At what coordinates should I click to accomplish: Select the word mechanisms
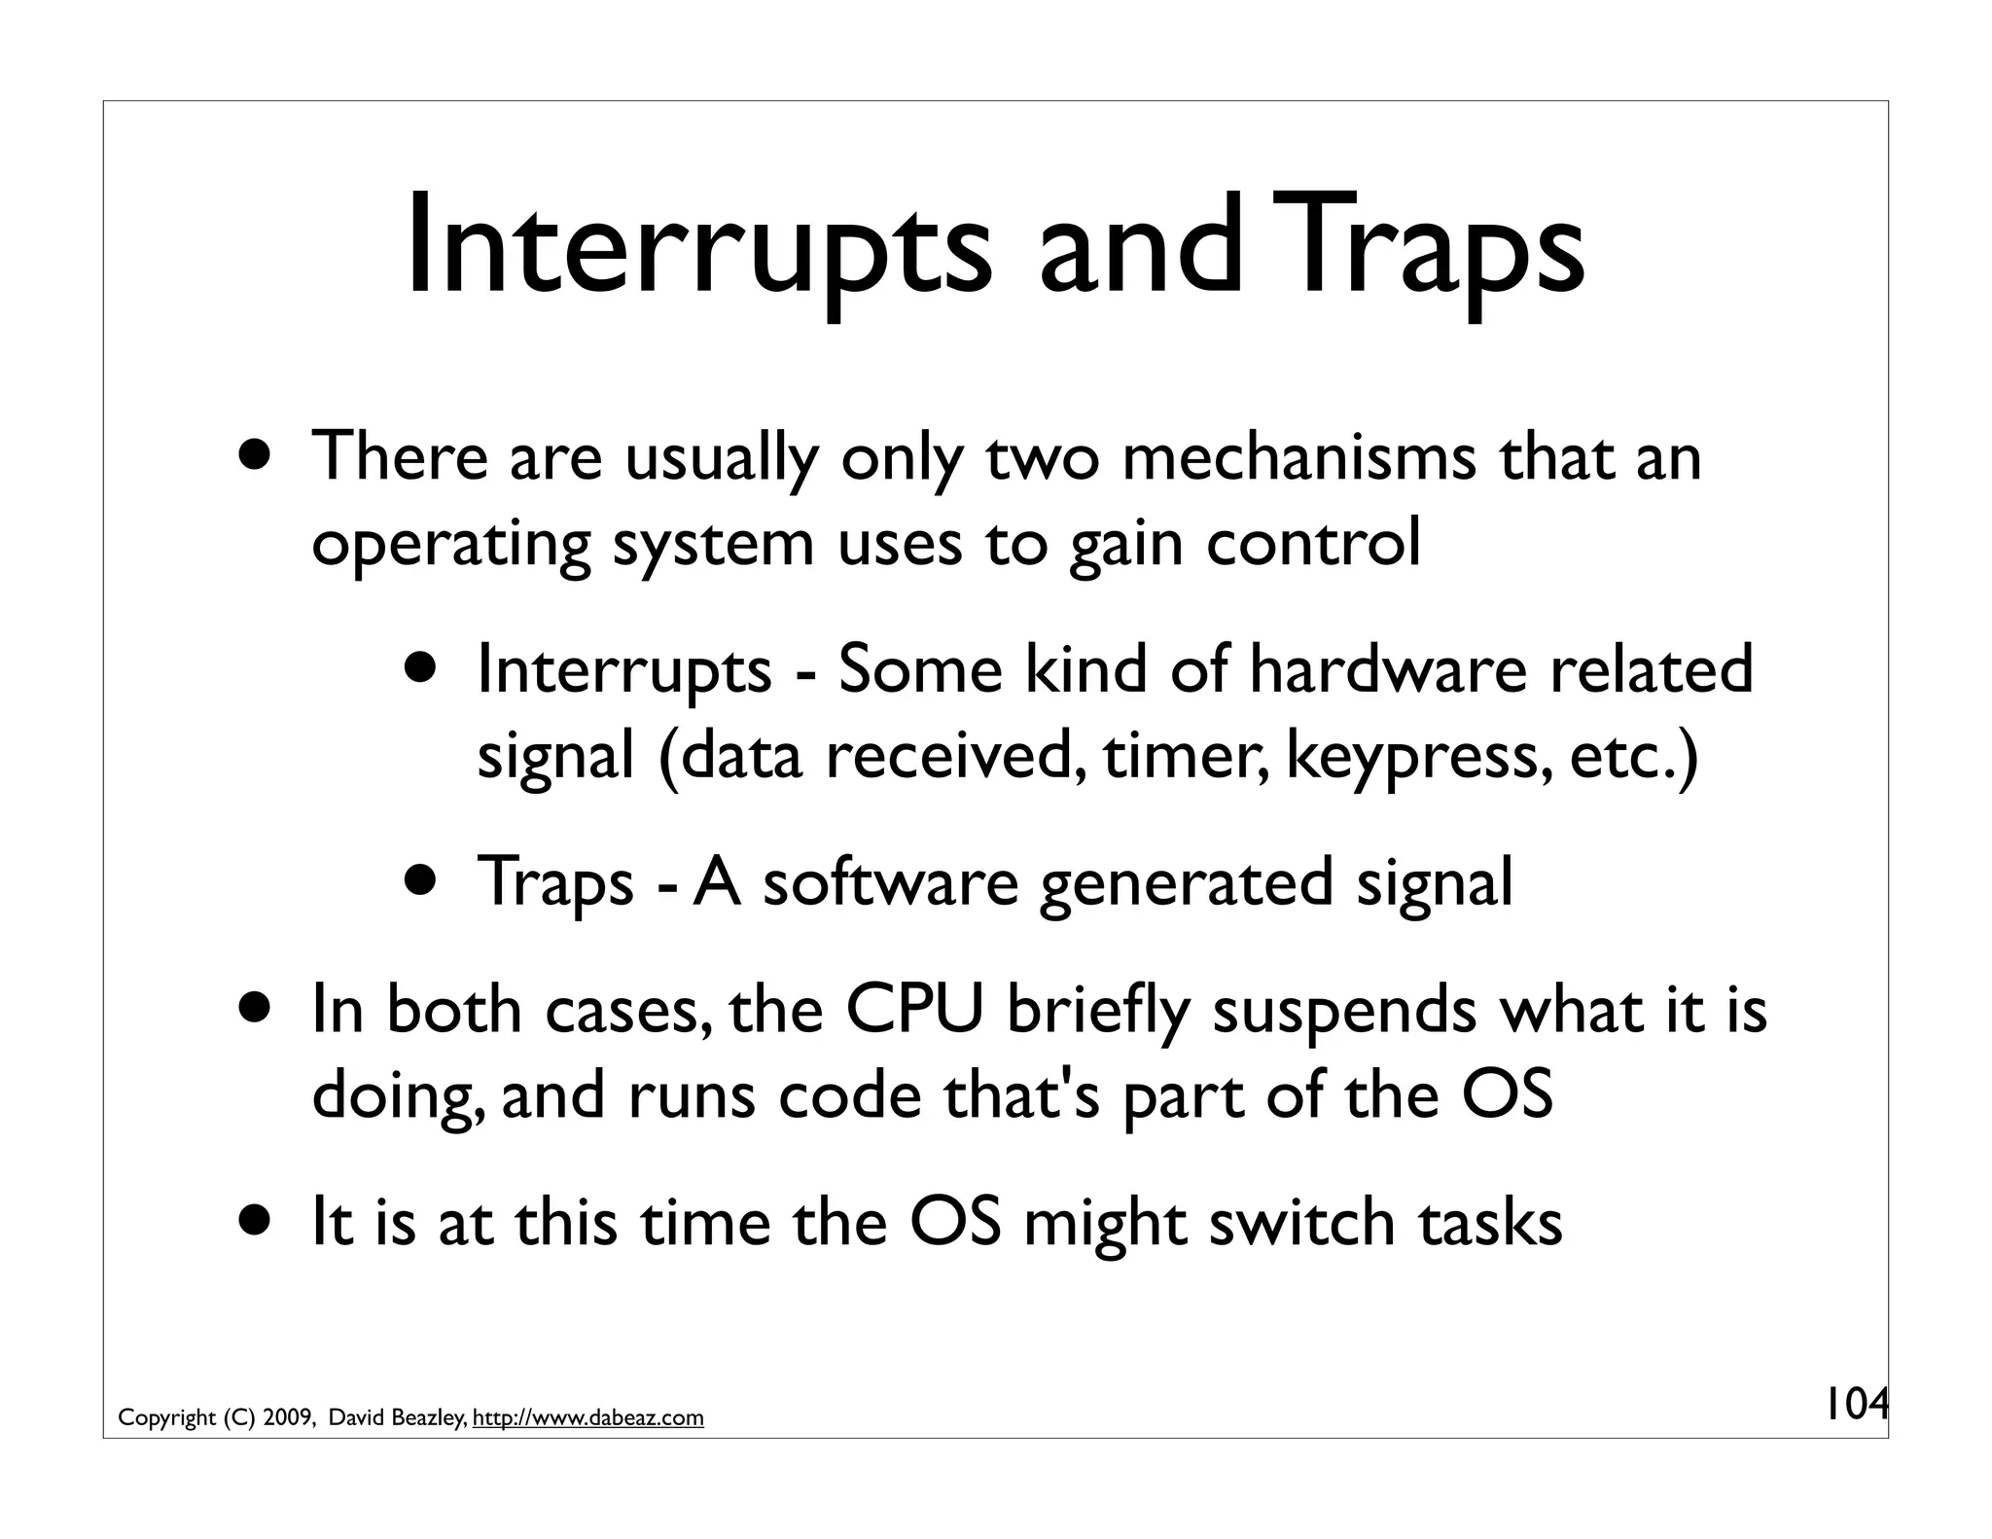[x=1298, y=456]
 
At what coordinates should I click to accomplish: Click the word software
[x=889, y=881]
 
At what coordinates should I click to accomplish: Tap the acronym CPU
[x=913, y=1009]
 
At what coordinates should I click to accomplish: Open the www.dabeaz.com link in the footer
[x=587, y=1418]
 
